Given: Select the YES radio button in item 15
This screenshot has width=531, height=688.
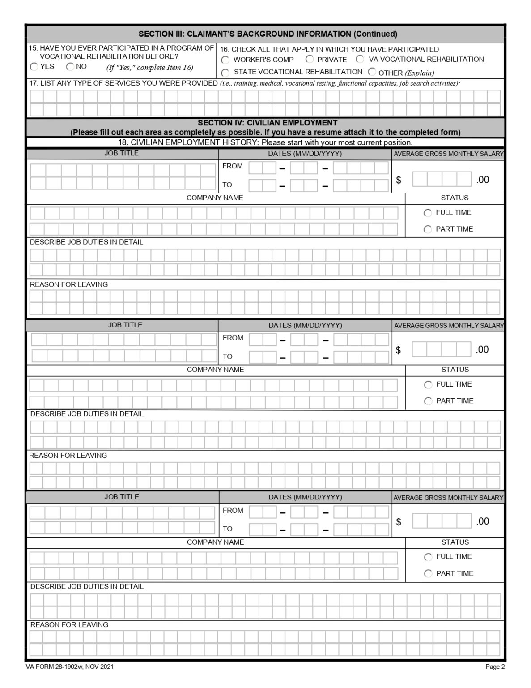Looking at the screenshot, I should pyautogui.click(x=34, y=67).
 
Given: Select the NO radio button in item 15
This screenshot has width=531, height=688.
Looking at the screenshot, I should pyautogui.click(x=70, y=67).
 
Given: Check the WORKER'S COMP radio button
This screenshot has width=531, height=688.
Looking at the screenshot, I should pyautogui.click(x=225, y=60).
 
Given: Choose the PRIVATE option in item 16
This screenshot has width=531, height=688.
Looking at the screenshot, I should pyautogui.click(x=310, y=59).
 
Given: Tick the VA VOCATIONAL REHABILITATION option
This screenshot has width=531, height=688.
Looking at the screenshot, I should pyautogui.click(x=360, y=59).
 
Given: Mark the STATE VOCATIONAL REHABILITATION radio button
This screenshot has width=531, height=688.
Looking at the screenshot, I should pyautogui.click(x=225, y=73).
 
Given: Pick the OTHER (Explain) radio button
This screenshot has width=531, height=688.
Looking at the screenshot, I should pyautogui.click(x=372, y=72).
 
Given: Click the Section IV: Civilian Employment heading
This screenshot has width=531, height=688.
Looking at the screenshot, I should pyautogui.click(x=268, y=123).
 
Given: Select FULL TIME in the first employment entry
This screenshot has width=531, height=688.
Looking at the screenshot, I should pyautogui.click(x=428, y=213).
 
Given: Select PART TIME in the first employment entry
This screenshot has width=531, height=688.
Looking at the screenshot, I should pyautogui.click(x=428, y=229).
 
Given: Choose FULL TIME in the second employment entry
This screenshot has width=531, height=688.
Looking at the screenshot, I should pyautogui.click(x=428, y=385).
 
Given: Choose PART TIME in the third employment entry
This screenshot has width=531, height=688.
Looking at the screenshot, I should pyautogui.click(x=428, y=573).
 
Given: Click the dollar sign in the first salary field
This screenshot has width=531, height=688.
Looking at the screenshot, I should pyautogui.click(x=399, y=180).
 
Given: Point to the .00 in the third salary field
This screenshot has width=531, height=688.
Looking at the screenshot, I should pyautogui.click(x=482, y=521).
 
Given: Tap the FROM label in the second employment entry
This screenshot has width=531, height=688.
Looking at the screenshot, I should pyautogui.click(x=233, y=338).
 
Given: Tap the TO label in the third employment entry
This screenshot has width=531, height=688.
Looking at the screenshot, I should pyautogui.click(x=228, y=529).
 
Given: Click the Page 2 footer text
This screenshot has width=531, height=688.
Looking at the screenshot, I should pyautogui.click(x=495, y=666).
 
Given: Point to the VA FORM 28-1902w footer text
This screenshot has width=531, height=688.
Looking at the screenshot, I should pyautogui.click(x=69, y=666).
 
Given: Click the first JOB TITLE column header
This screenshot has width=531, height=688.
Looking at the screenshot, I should pyautogui.click(x=121, y=153).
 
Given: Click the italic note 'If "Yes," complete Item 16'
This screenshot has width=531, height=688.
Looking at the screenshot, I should pyautogui.click(x=149, y=68).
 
